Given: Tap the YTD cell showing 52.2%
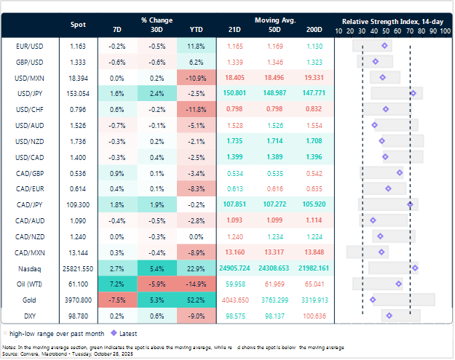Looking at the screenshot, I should [x=197, y=300].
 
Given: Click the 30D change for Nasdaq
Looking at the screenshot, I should [x=157, y=268].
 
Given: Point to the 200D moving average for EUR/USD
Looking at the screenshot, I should [x=314, y=46].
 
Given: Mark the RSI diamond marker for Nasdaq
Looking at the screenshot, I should [x=415, y=268].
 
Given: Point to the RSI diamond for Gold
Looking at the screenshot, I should [x=373, y=299].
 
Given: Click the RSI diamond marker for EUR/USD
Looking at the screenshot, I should [x=385, y=46].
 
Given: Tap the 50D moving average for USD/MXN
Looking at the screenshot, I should [x=274, y=77].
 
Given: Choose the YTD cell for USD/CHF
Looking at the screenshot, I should [x=197, y=109].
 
